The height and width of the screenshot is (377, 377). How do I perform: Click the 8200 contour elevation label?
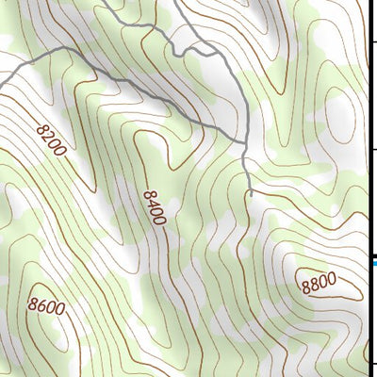tap(53, 139)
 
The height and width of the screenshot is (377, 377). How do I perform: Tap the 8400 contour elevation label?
tap(155, 207)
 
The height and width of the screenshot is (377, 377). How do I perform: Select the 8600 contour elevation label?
tap(46, 305)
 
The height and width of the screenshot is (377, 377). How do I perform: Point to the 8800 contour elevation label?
tap(318, 282)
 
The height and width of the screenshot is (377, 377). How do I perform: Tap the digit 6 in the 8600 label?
tap(42, 305)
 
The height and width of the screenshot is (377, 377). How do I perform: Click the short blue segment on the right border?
tap(373, 263)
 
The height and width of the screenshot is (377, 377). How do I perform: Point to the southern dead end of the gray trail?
tap(252, 194)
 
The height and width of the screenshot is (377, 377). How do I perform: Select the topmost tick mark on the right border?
tap(373, 41)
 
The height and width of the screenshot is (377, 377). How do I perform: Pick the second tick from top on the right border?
tap(373, 149)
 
